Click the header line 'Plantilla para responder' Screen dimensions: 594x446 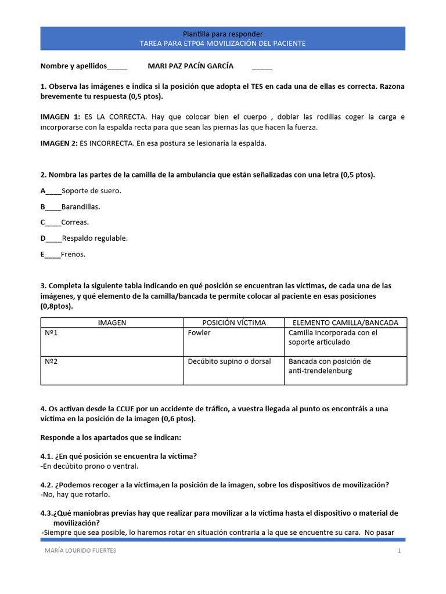point(222,34)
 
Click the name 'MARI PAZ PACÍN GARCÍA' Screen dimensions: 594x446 point(190,66)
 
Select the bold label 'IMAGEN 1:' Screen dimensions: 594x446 point(60,117)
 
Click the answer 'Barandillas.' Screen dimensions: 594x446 point(81,207)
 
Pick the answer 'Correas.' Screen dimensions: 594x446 point(75,222)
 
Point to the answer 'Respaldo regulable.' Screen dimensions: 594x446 point(95,238)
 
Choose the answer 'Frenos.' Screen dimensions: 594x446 point(73,254)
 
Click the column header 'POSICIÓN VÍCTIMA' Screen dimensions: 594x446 point(233,323)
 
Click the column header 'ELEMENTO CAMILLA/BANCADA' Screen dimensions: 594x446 point(345,323)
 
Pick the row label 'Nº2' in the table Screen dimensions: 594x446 point(51,361)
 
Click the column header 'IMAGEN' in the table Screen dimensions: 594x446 point(112,323)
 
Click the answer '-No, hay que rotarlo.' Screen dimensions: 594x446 point(75,495)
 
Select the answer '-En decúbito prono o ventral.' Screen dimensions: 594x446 point(89,466)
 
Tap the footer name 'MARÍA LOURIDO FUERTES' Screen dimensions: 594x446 point(80,550)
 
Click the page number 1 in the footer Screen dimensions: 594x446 point(400,550)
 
